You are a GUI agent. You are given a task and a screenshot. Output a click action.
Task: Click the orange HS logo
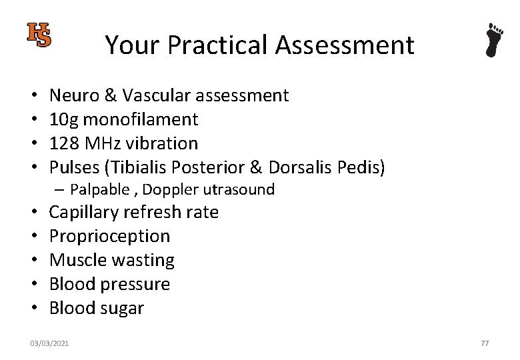click(39, 35)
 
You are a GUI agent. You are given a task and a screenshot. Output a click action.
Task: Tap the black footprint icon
click(494, 40)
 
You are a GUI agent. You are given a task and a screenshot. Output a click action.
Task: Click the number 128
click(64, 144)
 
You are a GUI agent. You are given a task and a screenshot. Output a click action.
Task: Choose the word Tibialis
click(146, 168)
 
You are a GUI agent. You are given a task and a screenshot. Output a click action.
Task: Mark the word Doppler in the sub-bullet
click(169, 190)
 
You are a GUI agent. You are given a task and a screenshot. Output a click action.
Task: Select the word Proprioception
click(110, 237)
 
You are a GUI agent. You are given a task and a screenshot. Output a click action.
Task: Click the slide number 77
click(485, 343)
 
